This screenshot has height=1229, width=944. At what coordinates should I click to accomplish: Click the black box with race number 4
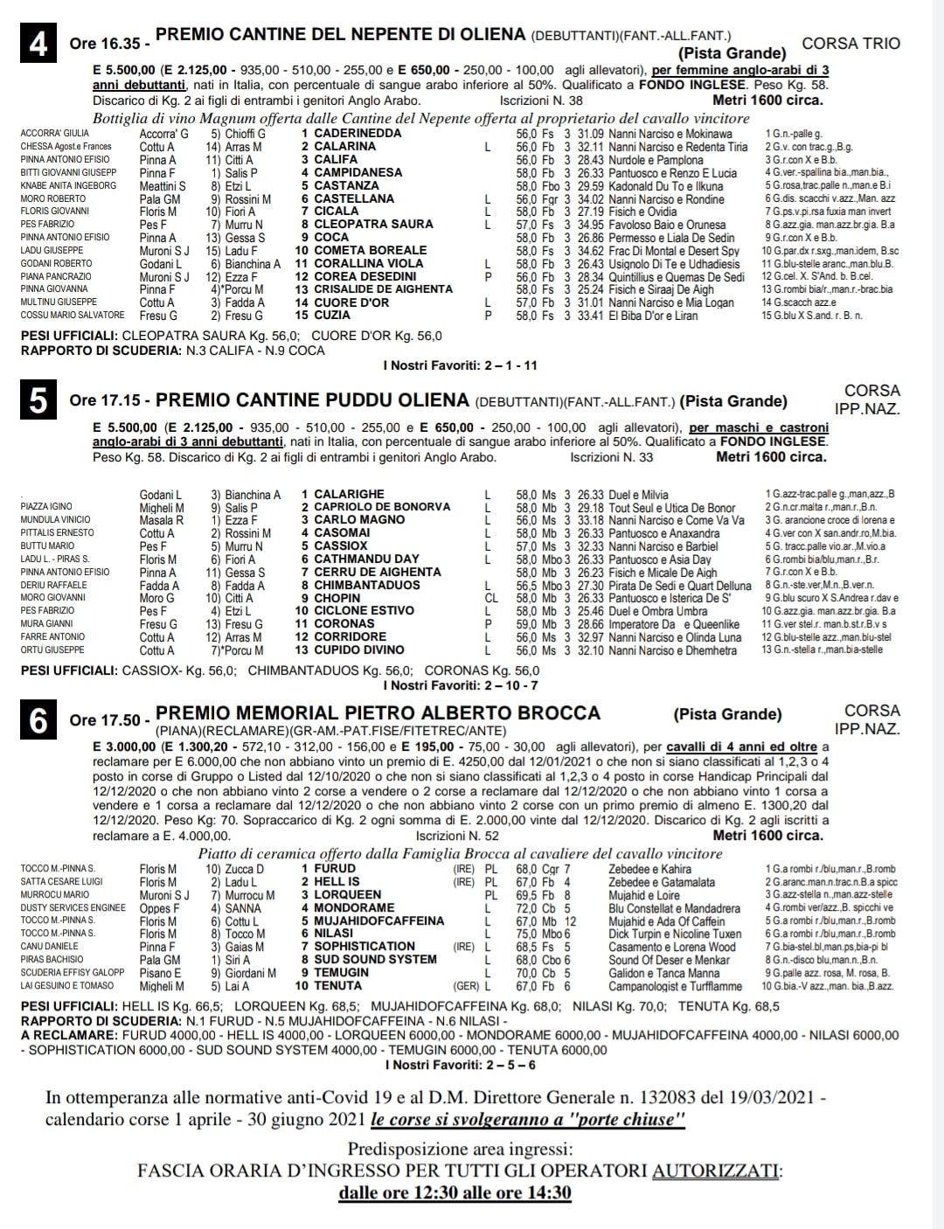pyautogui.click(x=38, y=43)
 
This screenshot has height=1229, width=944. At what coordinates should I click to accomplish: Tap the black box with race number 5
pyautogui.click(x=38, y=400)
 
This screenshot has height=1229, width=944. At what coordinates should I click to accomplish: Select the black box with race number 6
pyautogui.click(x=38, y=720)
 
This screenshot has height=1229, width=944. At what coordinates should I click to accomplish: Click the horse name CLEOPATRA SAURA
pyautogui.click(x=373, y=225)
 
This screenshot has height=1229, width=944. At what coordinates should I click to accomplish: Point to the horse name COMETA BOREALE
pyautogui.click(x=370, y=250)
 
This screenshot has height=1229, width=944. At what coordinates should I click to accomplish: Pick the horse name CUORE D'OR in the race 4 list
pyautogui.click(x=351, y=302)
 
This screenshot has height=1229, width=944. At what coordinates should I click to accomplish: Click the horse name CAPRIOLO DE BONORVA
pyautogui.click(x=382, y=507)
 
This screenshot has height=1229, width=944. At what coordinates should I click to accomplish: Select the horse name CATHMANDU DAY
pyautogui.click(x=366, y=559)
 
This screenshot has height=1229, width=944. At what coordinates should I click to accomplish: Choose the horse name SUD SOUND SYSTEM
pyautogui.click(x=375, y=959)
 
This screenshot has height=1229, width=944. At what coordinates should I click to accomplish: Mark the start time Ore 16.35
pyautogui.click(x=105, y=44)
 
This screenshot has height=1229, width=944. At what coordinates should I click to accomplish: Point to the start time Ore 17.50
pyautogui.click(x=105, y=720)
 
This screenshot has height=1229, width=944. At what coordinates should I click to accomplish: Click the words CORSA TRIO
pyautogui.click(x=850, y=43)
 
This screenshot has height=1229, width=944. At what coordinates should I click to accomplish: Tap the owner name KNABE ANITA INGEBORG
pyautogui.click(x=68, y=185)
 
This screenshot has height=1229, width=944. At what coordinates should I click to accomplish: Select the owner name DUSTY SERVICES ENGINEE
pyautogui.click(x=73, y=907)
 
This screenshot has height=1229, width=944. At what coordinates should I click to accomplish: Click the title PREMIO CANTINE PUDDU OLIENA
pyautogui.click(x=312, y=400)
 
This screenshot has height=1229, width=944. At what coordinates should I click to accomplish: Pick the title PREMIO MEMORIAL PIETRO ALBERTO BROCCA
pyautogui.click(x=378, y=713)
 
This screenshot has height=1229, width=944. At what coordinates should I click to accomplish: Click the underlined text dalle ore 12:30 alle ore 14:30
pyautogui.click(x=455, y=1193)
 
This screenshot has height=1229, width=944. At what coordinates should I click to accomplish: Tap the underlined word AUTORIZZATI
pyautogui.click(x=717, y=1170)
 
